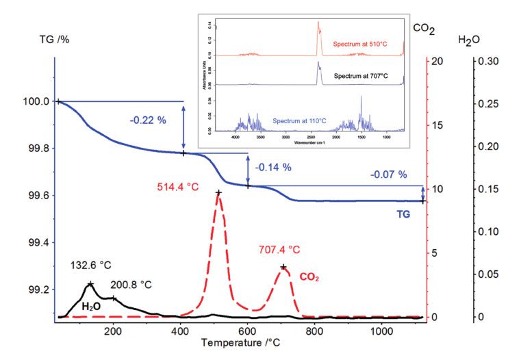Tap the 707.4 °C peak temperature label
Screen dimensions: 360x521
tap(279, 250)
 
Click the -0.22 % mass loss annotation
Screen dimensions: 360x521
tap(149, 120)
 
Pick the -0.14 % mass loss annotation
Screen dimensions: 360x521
tap(273, 167)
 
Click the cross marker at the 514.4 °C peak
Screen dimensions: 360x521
tap(218, 193)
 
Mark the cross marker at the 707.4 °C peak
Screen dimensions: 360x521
tap(283, 267)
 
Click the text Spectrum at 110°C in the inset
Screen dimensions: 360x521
tap(299, 121)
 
